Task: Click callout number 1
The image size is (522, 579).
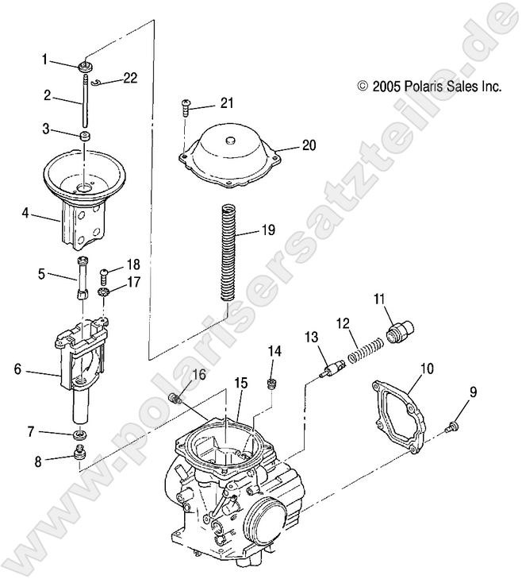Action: point(46,60)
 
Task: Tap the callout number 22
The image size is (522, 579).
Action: point(130,77)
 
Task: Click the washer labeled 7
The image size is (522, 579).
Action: point(79,435)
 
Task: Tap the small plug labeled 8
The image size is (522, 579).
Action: point(79,454)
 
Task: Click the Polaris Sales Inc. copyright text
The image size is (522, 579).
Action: point(429,85)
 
